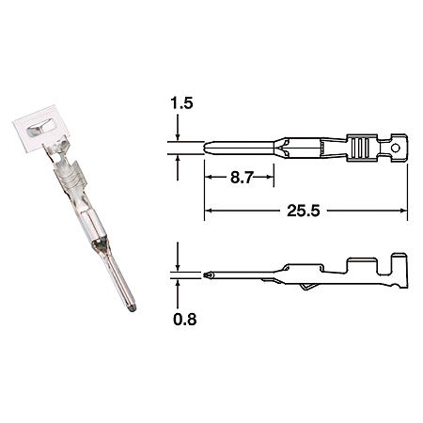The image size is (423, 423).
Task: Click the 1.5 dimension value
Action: tap(181, 103)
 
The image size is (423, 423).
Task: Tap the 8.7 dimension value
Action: tap(242, 178)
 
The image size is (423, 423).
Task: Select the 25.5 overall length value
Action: tap(304, 211)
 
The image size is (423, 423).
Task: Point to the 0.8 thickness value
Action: tap(185, 320)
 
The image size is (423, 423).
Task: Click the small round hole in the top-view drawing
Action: tap(396, 148)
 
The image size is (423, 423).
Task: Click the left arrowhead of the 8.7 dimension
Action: tap(208, 177)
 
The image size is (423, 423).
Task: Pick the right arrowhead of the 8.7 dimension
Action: tap(270, 177)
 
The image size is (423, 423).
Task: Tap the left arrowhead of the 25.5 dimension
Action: tap(208, 211)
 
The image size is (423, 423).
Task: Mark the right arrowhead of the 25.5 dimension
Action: tap(403, 211)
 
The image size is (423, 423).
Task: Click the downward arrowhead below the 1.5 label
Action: tap(178, 137)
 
